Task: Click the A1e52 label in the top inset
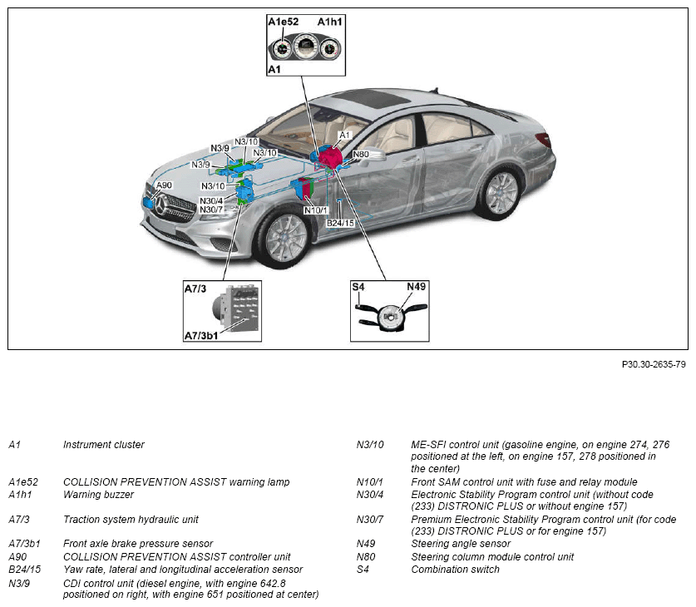click(283, 22)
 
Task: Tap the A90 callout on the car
click(164, 185)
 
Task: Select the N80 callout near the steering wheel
click(361, 154)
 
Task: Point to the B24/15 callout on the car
click(340, 223)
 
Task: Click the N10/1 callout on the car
click(316, 210)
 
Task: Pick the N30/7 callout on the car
click(211, 210)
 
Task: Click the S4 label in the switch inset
click(358, 287)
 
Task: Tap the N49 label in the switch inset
click(416, 287)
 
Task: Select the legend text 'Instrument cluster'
click(104, 445)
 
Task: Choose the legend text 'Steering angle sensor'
click(461, 545)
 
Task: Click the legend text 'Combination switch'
click(455, 570)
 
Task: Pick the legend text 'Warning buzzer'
click(98, 495)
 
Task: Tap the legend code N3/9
click(20, 582)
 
